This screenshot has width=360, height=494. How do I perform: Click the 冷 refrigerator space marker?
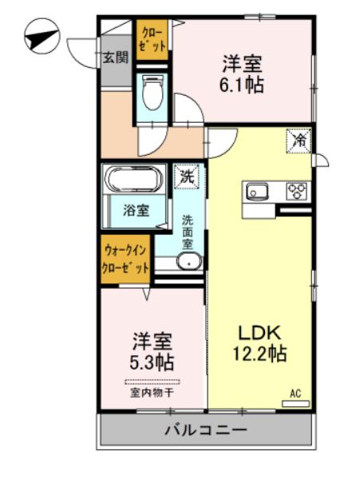click(x=300, y=140)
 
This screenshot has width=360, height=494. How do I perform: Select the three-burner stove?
click(x=298, y=191)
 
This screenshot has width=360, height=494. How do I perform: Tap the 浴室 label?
click(x=136, y=211)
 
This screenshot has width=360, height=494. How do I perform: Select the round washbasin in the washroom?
click(x=190, y=262)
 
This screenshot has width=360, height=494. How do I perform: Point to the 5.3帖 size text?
click(x=152, y=362)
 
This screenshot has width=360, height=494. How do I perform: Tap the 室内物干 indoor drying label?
click(x=152, y=393)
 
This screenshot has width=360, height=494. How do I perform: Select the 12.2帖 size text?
click(x=259, y=354)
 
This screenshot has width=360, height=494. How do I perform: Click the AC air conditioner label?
click(x=295, y=393)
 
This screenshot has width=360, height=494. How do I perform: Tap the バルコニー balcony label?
click(x=205, y=430)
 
